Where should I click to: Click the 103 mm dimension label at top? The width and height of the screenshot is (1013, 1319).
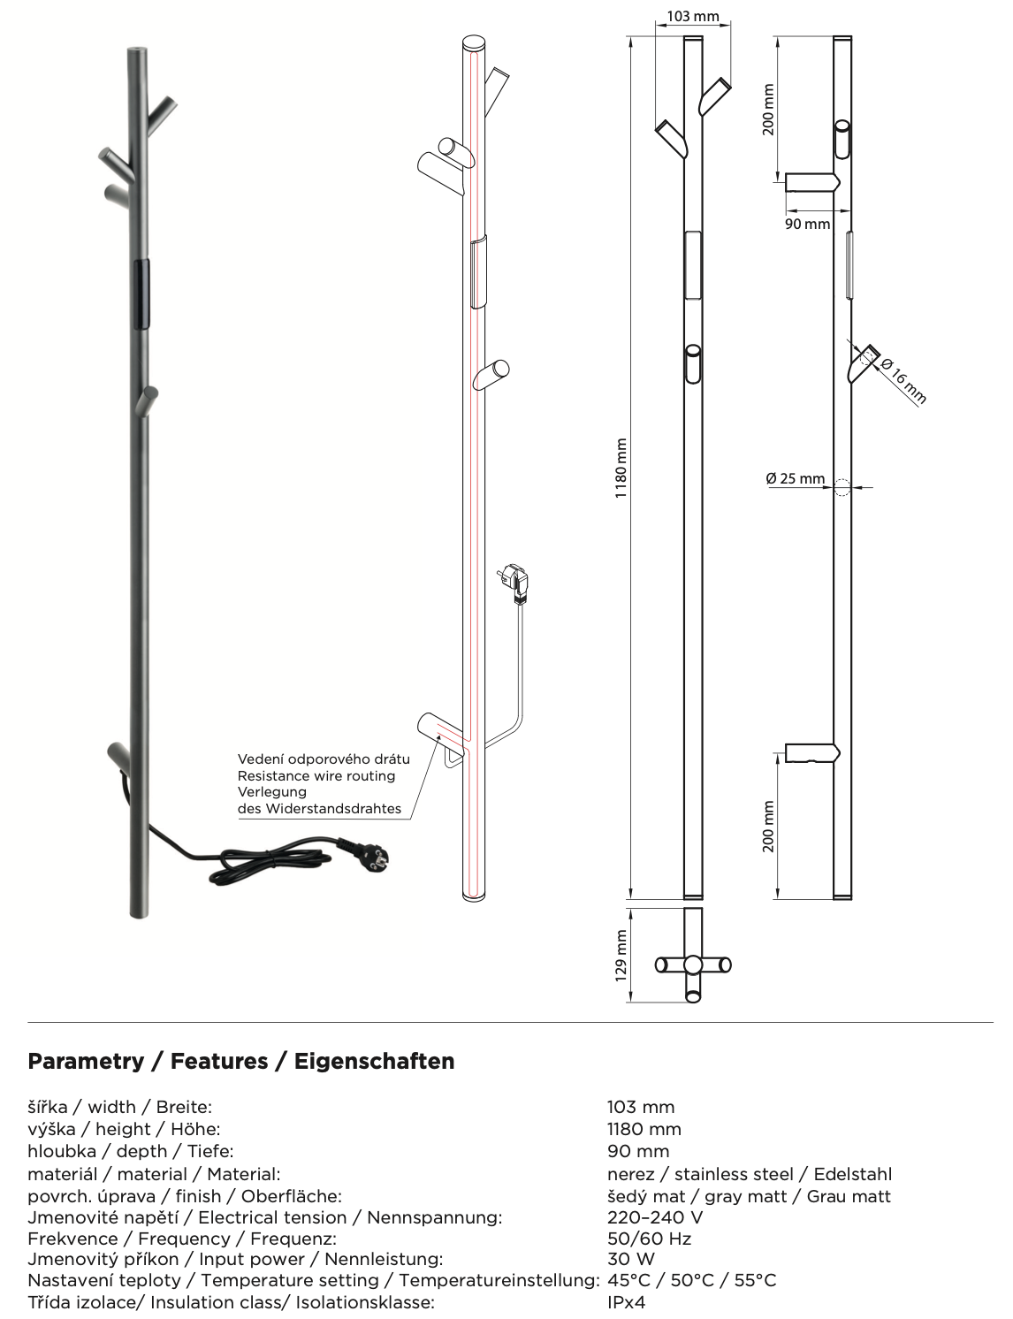[x=693, y=16]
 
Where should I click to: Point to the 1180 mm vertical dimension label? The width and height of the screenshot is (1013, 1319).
[x=621, y=468]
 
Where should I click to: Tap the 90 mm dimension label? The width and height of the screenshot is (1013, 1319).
[x=807, y=224]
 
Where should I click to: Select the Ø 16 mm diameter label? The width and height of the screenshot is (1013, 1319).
[x=903, y=381]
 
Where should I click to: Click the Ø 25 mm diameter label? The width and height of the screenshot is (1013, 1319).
[x=795, y=478]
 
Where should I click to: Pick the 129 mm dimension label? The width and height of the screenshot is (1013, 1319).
[x=621, y=955]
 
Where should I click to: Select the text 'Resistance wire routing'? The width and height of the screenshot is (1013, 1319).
[x=316, y=775]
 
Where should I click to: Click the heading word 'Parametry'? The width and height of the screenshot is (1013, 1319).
[x=86, y=1061]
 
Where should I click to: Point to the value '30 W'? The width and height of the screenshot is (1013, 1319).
[x=630, y=1259]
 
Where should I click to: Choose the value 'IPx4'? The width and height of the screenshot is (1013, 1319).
[x=626, y=1302]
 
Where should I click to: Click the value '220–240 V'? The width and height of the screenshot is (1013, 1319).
[x=654, y=1217]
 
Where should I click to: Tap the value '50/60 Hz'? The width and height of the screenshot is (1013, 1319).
[x=649, y=1239]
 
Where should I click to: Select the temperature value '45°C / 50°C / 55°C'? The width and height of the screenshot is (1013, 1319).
[x=691, y=1280]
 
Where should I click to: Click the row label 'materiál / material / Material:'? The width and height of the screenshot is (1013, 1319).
[x=154, y=1174]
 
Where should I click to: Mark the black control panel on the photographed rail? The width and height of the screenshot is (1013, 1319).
[x=141, y=294]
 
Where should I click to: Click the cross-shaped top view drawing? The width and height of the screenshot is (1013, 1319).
[x=693, y=964]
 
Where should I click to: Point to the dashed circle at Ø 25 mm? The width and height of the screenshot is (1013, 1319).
[x=842, y=486]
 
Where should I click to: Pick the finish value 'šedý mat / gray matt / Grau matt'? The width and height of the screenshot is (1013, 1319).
[x=749, y=1196]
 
